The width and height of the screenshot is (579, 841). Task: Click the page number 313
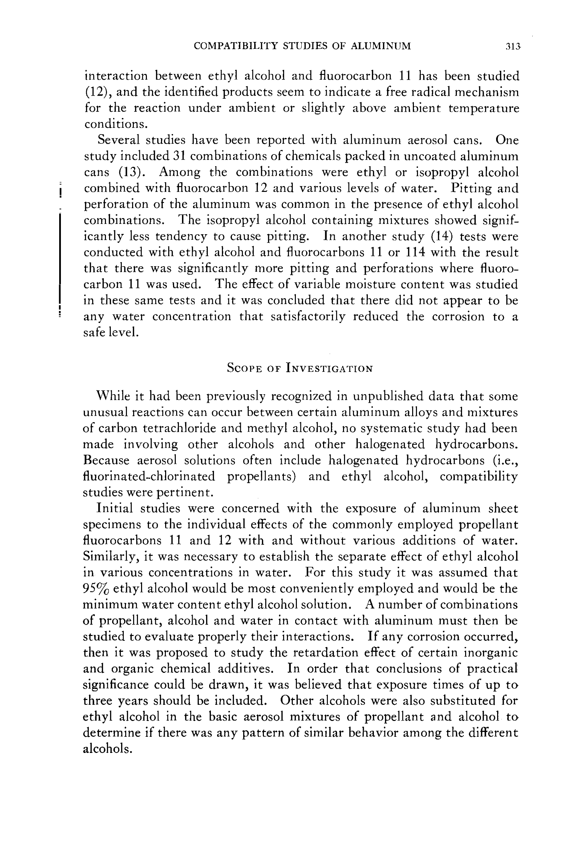click(513, 46)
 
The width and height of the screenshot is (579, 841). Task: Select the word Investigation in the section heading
click(329, 368)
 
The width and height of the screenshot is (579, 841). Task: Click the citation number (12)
click(95, 92)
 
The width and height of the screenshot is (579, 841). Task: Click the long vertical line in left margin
click(59, 258)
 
